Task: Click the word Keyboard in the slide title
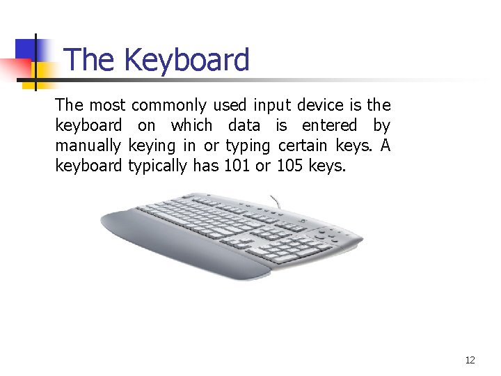pos(186,60)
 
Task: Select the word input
pos(272,106)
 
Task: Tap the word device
pos(320,106)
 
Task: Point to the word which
pos(191,126)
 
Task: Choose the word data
pos(244,126)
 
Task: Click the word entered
pos(329,126)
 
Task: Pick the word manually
pos(88,146)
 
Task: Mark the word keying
pos(152,146)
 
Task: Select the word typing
pos(248,146)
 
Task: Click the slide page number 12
pos(470,360)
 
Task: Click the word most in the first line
pos(108,106)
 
